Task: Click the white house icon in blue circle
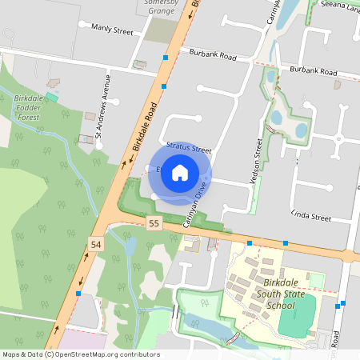point(180,172)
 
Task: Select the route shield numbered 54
point(97,243)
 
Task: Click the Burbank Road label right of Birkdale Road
point(214,56)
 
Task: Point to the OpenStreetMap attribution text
point(80,354)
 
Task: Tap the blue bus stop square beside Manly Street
point(166,58)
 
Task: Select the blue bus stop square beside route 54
point(78,294)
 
